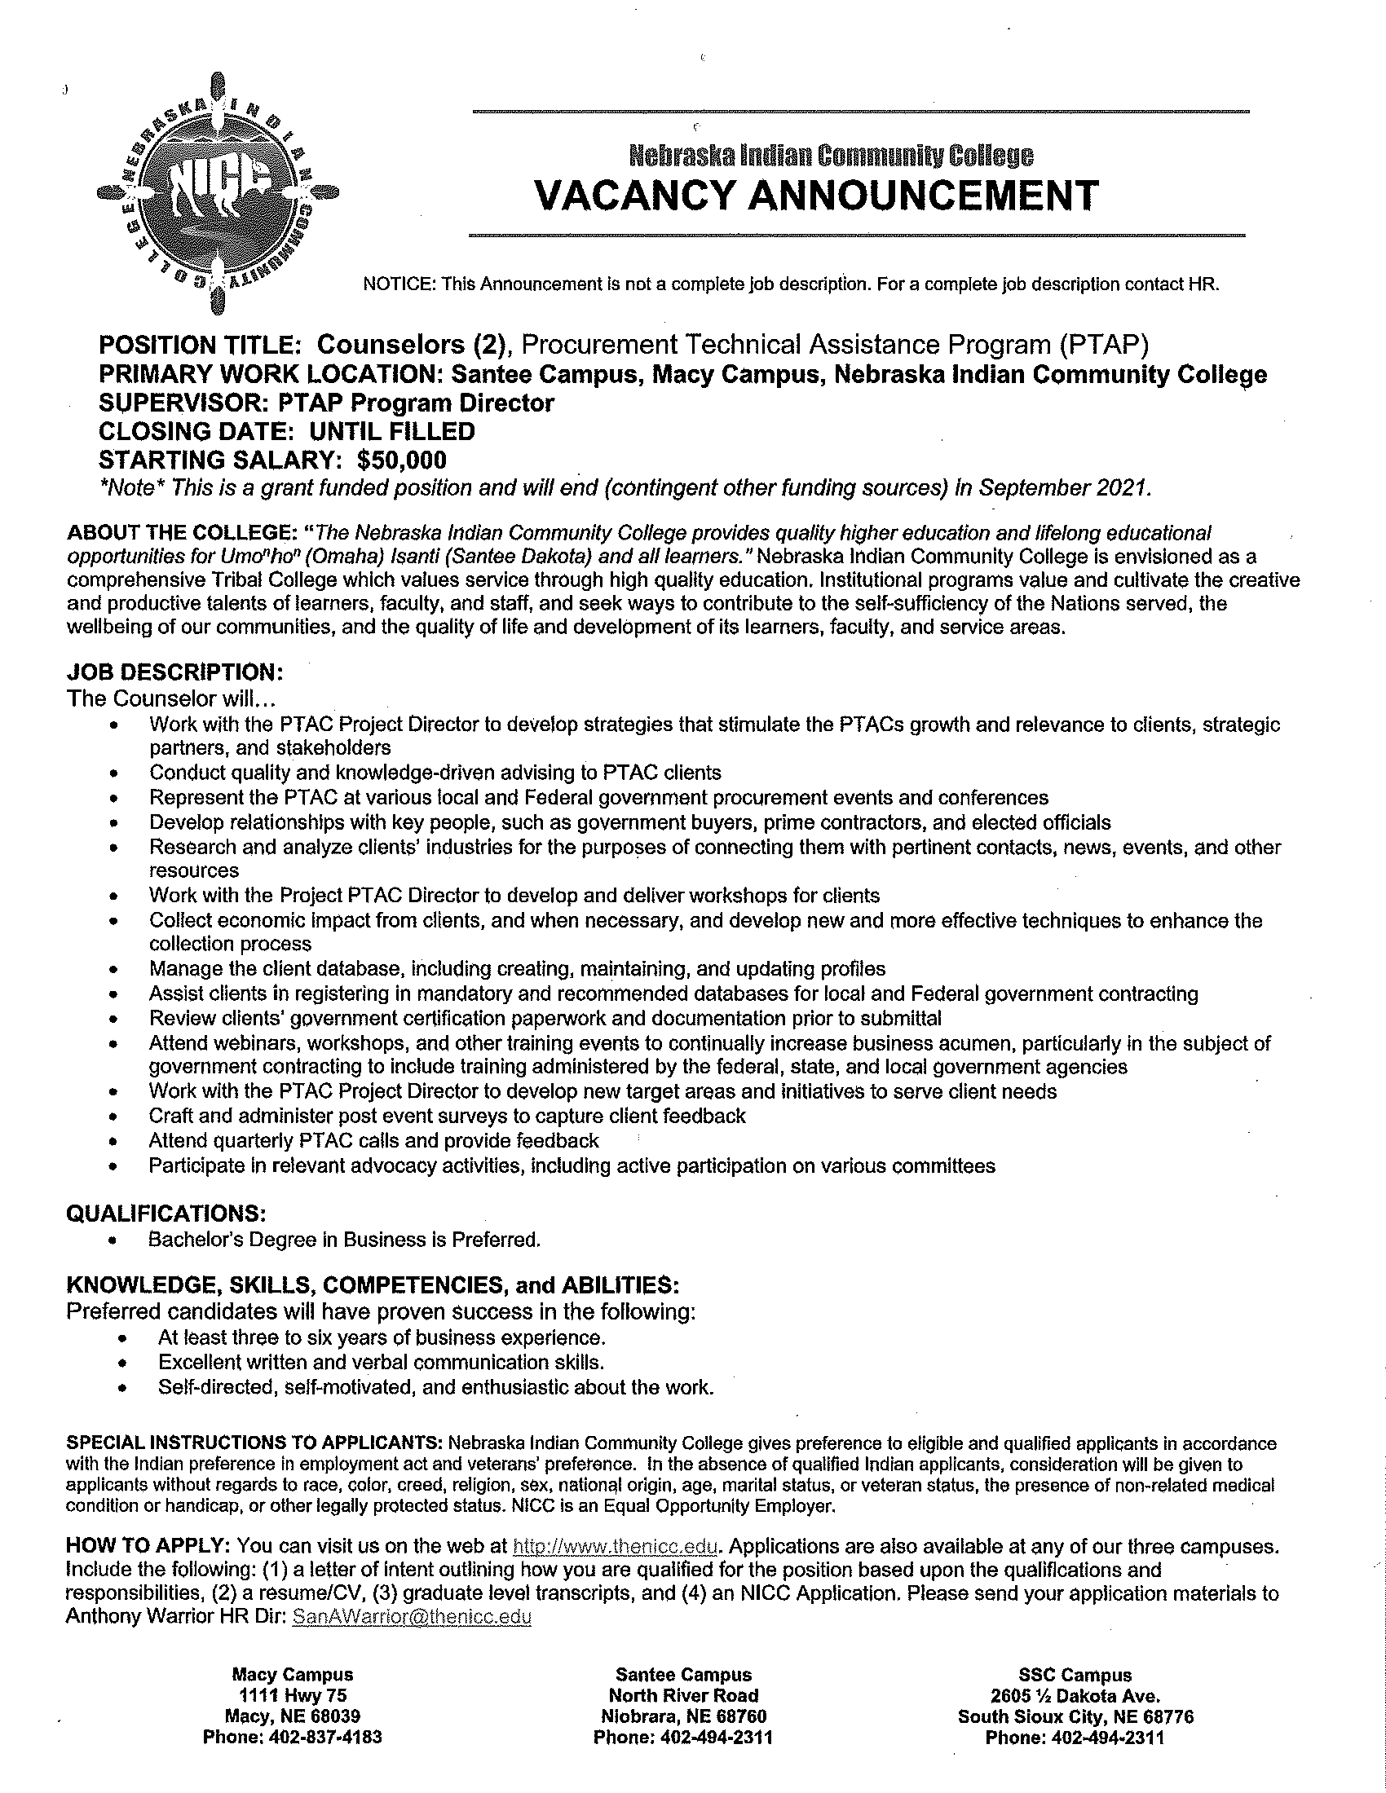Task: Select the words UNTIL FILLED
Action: pos(391,431)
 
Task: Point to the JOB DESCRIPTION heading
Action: pos(175,672)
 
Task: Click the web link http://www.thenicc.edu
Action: pos(616,1547)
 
